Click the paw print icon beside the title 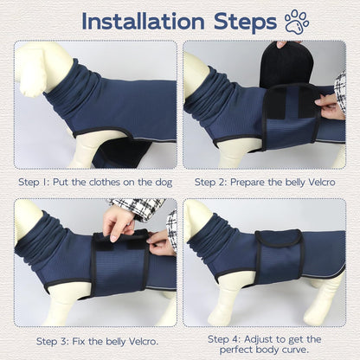pos(297,22)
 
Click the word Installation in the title pos(143,22)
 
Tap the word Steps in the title pos(245,22)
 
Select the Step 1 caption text pos(95,183)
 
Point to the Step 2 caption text pos(265,183)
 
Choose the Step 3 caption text pos(98,342)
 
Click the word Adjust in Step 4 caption pos(259,339)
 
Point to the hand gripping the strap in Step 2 pos(330,106)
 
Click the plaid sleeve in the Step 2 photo pos(340,90)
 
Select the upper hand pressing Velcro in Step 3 pos(119,222)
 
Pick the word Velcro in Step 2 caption pos(322,183)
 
